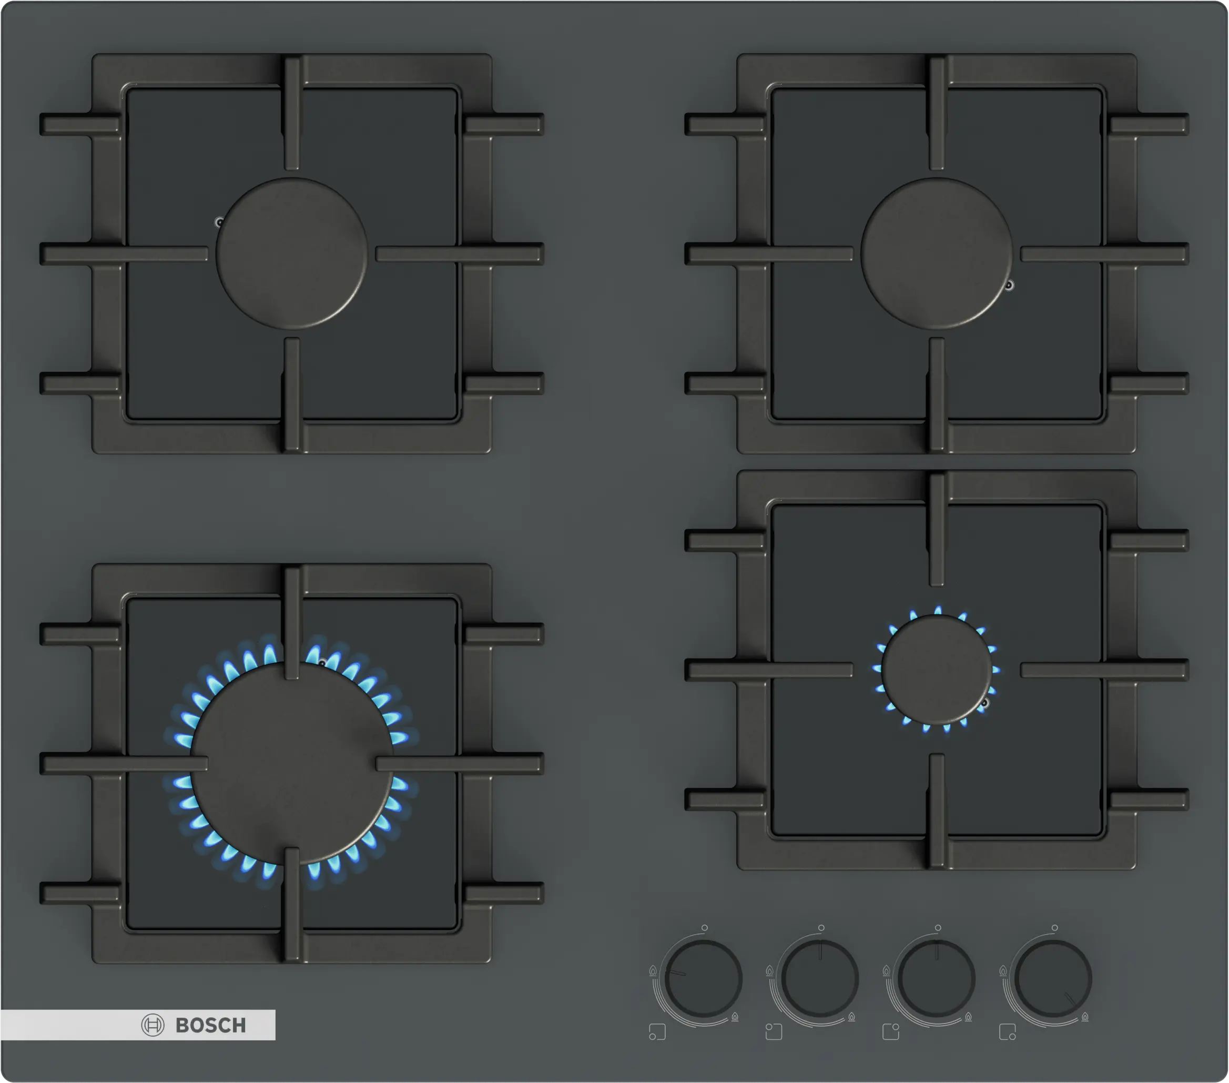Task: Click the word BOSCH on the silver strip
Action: (x=211, y=1025)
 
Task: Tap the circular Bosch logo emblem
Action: (x=153, y=1025)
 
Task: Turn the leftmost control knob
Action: (x=704, y=978)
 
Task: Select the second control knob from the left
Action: (x=820, y=978)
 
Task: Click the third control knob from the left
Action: (x=937, y=978)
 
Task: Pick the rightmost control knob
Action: (x=1053, y=978)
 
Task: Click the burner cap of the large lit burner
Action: (x=292, y=764)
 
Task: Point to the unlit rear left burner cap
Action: (x=292, y=253)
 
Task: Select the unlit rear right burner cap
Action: (x=937, y=253)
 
